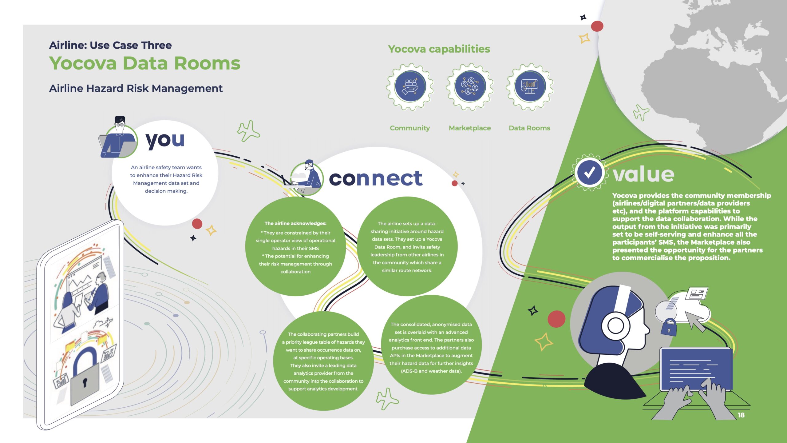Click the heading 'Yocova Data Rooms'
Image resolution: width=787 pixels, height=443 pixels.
144,63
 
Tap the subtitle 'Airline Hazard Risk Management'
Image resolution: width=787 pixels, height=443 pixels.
136,89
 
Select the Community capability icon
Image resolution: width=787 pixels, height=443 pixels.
410,87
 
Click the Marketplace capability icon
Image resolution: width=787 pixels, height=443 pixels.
470,87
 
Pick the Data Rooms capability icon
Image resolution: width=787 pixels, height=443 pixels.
530,87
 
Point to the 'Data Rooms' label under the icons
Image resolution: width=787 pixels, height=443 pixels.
529,128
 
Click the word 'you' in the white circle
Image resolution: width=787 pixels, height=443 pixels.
165,141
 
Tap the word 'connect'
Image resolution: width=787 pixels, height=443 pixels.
376,178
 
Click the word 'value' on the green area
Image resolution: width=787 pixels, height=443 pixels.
643,174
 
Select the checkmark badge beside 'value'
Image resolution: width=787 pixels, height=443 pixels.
589,173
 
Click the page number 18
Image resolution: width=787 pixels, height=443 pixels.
741,415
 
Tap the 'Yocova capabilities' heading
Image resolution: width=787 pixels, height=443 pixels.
439,49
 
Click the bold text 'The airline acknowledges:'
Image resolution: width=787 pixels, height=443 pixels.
295,223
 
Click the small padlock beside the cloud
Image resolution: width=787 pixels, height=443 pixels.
669,327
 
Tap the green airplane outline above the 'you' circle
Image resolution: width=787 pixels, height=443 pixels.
248,131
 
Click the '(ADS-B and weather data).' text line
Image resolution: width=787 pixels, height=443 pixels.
431,371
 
